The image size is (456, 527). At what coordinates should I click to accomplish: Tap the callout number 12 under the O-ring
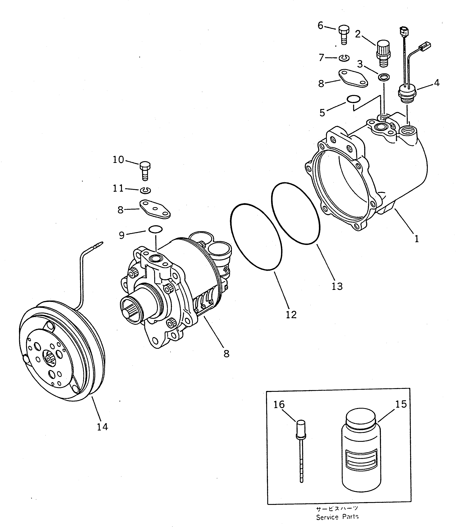(x=291, y=315)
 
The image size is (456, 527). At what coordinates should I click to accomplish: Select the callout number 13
(x=337, y=286)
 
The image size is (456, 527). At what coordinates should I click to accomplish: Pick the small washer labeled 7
(x=344, y=58)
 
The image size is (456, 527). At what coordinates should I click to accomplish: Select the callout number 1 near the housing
(x=417, y=239)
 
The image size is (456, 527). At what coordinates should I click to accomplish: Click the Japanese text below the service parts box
(x=337, y=509)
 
